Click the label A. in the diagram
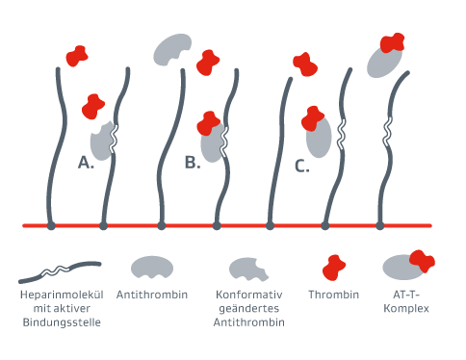point(86,162)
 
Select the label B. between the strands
point(193,162)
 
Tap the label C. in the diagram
point(301,167)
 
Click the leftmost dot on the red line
point(51,226)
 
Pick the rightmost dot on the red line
point(380,226)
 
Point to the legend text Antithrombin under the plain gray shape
point(151,294)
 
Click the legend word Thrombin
point(334,294)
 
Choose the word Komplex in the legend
point(404,308)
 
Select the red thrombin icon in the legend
point(334,267)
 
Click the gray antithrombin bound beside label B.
point(214,141)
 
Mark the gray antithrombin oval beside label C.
point(320,136)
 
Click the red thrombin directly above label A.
point(93,105)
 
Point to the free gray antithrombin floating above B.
point(172,49)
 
